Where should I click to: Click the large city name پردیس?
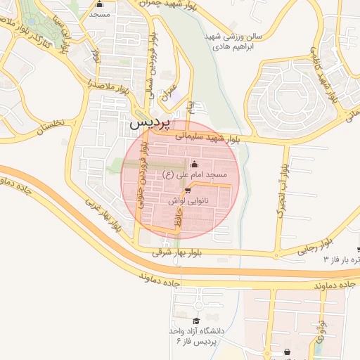point(149,122)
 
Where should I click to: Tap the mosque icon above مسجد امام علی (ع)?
point(194,164)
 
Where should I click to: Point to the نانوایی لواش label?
point(186,200)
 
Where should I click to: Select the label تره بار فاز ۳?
point(342,259)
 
